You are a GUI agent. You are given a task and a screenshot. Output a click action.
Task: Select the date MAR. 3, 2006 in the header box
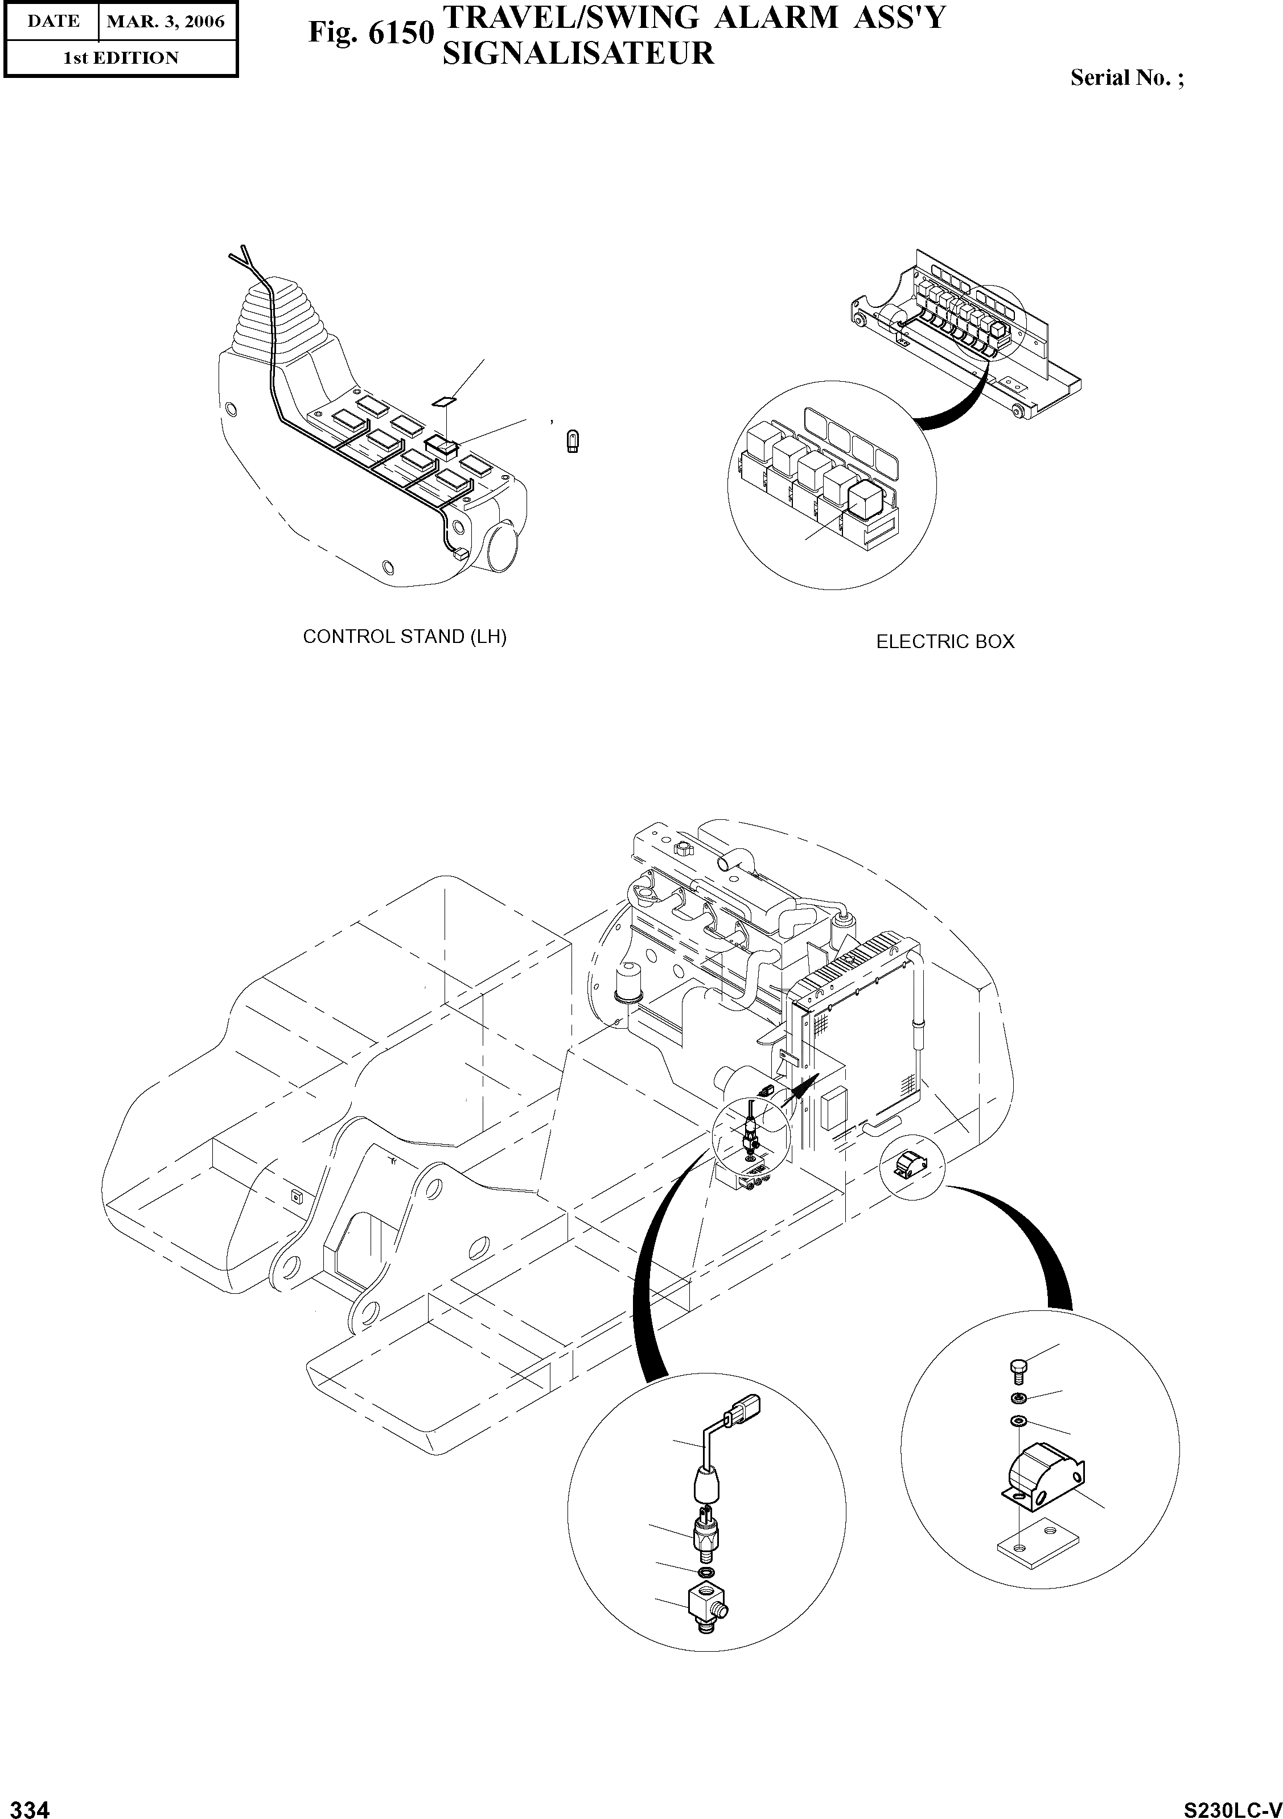pos(166,22)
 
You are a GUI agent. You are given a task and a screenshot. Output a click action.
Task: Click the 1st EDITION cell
pos(121,58)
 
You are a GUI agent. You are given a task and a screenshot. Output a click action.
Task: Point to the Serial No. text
pos(1126,77)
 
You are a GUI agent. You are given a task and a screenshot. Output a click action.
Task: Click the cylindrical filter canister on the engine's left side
pos(628,983)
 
